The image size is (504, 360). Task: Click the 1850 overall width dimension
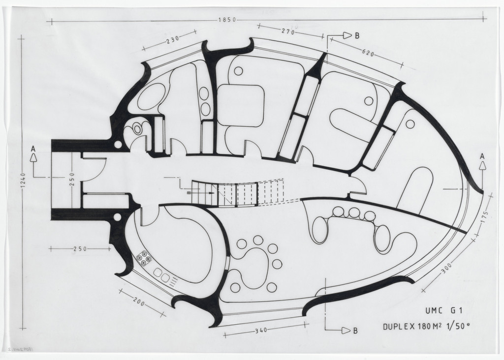click(227, 20)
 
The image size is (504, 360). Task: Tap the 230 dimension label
click(173, 41)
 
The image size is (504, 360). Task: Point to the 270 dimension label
click(288, 31)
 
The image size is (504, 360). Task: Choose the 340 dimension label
click(261, 330)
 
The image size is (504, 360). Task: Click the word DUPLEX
click(399, 327)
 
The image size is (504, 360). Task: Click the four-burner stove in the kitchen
click(144, 258)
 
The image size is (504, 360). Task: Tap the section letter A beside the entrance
click(33, 149)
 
